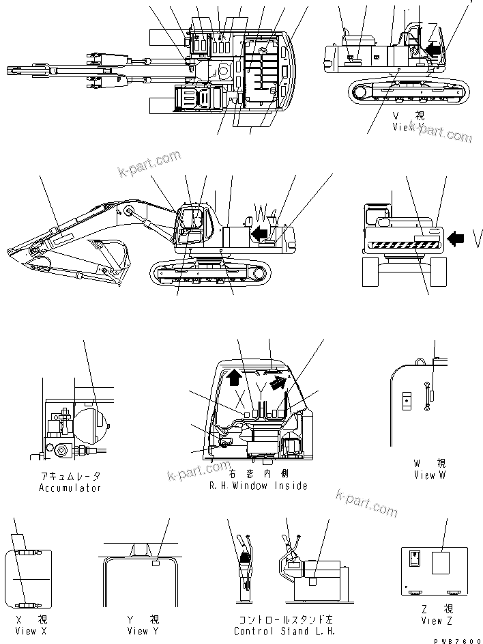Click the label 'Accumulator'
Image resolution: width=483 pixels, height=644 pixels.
tap(70, 488)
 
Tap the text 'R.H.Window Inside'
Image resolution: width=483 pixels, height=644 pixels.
tap(259, 486)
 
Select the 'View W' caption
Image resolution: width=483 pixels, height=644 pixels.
tap(429, 475)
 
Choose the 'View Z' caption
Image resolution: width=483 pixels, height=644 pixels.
tap(437, 621)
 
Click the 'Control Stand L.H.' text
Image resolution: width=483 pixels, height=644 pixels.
tap(284, 631)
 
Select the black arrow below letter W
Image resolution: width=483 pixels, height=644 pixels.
tap(259, 234)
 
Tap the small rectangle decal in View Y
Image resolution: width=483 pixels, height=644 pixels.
tap(156, 564)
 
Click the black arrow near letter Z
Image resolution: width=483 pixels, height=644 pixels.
tap(433, 48)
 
